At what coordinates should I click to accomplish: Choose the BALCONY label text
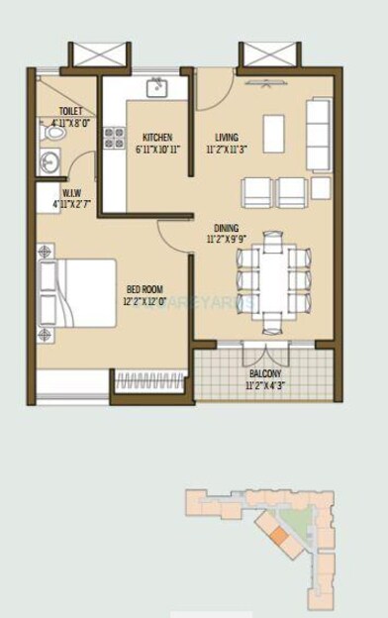coord(264,373)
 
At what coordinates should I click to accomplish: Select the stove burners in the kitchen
coord(114,140)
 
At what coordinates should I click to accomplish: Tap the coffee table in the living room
coord(274,133)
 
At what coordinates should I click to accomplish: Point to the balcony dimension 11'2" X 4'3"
coord(264,385)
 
